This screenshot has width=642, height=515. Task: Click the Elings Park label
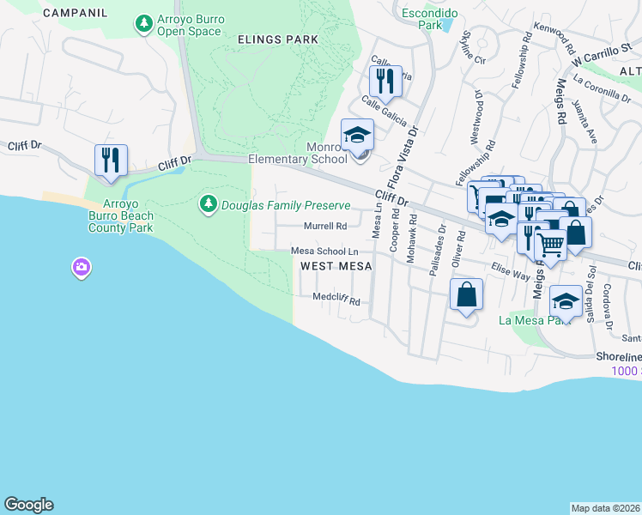tap(279, 39)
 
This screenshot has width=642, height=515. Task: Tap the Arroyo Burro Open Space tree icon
tap(143, 24)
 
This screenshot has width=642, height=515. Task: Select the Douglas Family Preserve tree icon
tap(208, 204)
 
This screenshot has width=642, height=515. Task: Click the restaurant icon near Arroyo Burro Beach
tap(111, 161)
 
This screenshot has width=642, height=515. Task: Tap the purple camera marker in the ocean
tap(82, 267)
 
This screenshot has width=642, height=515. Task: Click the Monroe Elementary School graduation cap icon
tap(358, 135)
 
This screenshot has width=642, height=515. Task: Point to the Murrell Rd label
tap(325, 227)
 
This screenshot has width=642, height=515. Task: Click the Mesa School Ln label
tap(324, 251)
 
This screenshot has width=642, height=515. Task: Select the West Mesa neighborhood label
tap(336, 266)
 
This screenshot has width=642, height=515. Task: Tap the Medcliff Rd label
tap(336, 301)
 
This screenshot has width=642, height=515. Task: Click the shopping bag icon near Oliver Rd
tap(465, 295)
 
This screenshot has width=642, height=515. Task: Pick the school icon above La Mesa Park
tap(565, 301)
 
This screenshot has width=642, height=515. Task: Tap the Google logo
tap(28, 505)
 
